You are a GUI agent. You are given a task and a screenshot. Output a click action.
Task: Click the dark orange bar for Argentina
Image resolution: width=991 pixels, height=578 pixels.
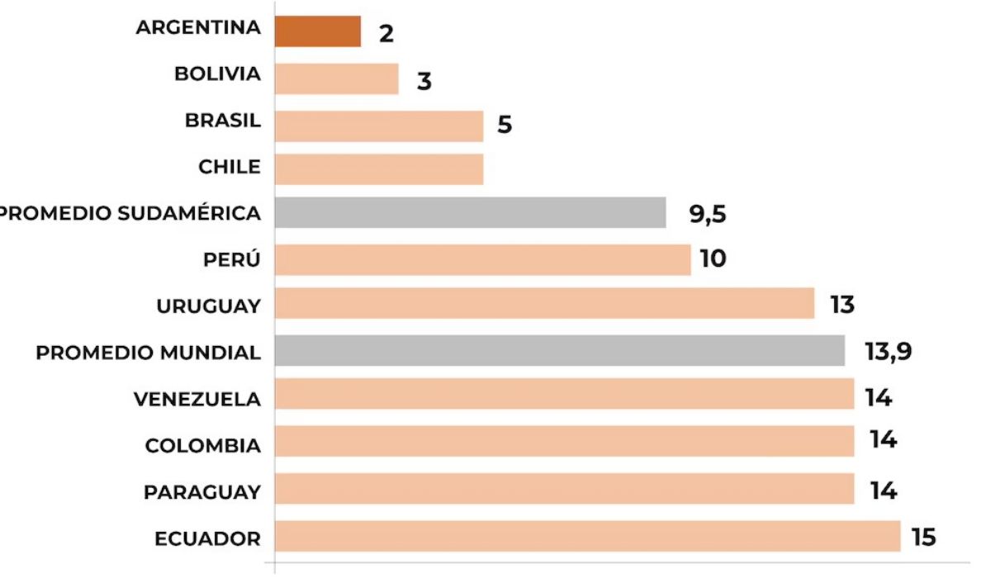click(x=318, y=31)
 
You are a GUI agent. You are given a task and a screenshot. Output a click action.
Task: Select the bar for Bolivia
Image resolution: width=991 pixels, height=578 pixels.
click(x=337, y=79)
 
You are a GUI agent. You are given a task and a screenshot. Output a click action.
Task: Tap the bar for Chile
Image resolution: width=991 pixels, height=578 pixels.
click(x=379, y=168)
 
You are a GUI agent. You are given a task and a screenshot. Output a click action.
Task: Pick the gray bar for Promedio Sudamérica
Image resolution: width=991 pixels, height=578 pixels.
click(x=471, y=212)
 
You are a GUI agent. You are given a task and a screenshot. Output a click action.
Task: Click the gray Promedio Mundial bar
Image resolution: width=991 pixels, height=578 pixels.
click(x=560, y=350)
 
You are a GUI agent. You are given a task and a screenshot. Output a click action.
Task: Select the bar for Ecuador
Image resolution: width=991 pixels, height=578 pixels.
click(x=587, y=536)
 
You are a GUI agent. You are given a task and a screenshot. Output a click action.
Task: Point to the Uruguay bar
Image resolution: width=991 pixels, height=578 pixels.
click(x=545, y=303)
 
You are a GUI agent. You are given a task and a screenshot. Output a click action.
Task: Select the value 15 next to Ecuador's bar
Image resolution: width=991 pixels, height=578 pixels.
click(x=924, y=538)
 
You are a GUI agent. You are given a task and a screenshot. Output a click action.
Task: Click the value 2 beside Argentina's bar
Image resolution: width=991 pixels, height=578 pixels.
click(x=386, y=34)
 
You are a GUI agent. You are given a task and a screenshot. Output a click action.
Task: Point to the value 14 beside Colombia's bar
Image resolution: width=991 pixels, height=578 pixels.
click(x=883, y=440)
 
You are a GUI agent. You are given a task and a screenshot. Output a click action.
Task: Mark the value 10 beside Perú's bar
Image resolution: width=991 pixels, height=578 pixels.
click(x=713, y=259)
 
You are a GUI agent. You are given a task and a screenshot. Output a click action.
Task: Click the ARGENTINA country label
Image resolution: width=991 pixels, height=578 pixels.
click(x=198, y=27)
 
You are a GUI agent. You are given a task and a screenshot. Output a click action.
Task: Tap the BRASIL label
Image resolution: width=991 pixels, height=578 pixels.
click(x=223, y=121)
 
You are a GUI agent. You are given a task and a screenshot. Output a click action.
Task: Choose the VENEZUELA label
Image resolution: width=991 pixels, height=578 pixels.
click(x=197, y=400)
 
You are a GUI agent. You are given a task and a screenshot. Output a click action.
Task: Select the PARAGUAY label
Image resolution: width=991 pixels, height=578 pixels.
click(x=202, y=492)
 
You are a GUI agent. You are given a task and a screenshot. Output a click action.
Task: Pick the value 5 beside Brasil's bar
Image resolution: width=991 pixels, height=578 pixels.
click(x=505, y=125)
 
